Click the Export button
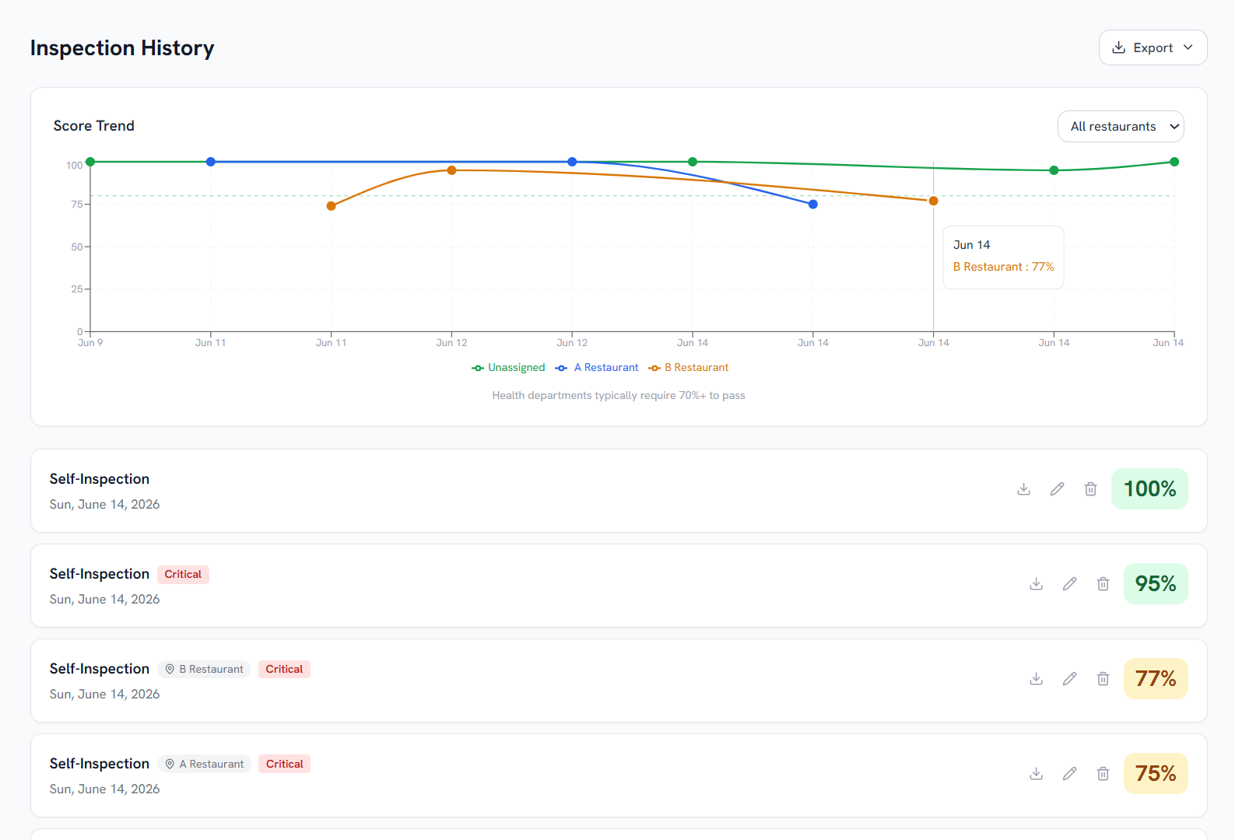(x=1153, y=48)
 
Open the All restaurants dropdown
(x=1121, y=126)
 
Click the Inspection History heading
(x=122, y=48)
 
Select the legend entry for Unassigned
(x=508, y=368)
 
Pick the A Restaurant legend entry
(x=597, y=368)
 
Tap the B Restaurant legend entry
(x=688, y=368)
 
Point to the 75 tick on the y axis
(x=76, y=205)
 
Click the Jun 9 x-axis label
(x=89, y=343)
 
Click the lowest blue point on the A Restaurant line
(x=813, y=205)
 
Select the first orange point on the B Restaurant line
(x=332, y=206)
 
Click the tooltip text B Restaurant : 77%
(x=1003, y=267)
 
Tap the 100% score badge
(x=1149, y=489)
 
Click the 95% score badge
(x=1156, y=583)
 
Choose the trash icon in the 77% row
(x=1103, y=678)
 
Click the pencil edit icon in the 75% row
(x=1069, y=773)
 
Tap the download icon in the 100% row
(x=1024, y=489)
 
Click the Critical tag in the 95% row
(x=183, y=574)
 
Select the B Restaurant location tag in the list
(x=204, y=669)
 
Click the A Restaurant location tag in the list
(x=205, y=764)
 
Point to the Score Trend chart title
(x=93, y=126)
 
